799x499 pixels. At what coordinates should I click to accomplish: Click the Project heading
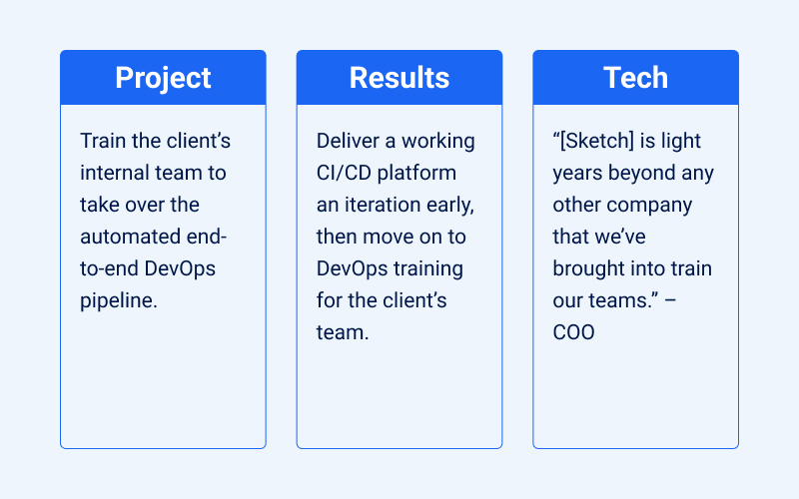[x=163, y=78]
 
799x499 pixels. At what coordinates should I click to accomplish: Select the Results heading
[x=399, y=78]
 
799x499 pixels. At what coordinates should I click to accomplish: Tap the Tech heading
[x=635, y=78]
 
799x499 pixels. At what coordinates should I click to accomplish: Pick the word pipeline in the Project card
[x=116, y=300]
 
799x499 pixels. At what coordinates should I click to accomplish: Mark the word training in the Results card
[x=426, y=268]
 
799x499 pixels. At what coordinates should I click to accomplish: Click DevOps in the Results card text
[x=353, y=268]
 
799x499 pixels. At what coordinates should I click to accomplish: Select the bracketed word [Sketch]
[x=596, y=141]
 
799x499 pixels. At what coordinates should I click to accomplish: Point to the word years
[x=577, y=173]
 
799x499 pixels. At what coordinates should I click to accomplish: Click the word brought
[x=588, y=268]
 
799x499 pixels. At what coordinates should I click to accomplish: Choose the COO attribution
[x=573, y=332]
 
